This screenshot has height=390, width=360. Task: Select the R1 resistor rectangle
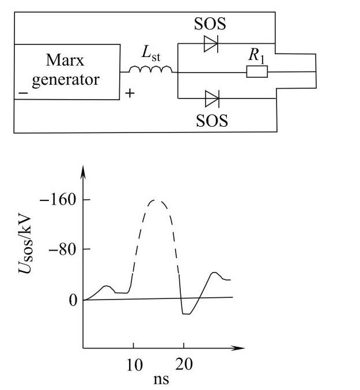pyautogui.click(x=256, y=72)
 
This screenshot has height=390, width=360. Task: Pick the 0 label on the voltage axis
pyautogui.click(x=73, y=300)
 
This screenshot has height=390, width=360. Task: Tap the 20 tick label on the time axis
pyautogui.click(x=184, y=365)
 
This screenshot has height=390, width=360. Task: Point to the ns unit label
pyautogui.click(x=160, y=380)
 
